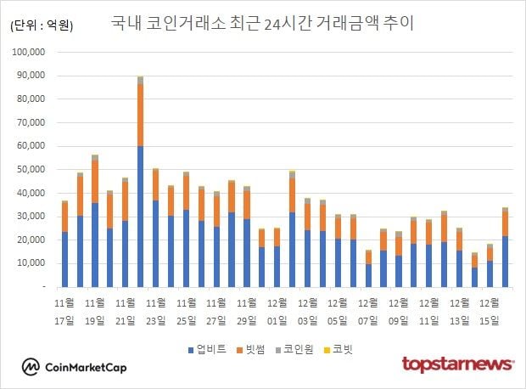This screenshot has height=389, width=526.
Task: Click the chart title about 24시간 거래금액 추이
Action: click(x=262, y=23)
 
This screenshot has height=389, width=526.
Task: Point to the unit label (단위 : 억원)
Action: click(x=42, y=26)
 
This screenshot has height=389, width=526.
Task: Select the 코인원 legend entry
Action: click(x=302, y=349)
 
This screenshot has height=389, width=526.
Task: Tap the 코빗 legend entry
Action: click(x=344, y=349)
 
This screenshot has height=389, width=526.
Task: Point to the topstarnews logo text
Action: click(x=457, y=364)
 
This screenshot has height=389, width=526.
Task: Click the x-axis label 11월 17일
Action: click(x=64, y=310)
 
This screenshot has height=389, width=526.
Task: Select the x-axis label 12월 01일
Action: click(x=277, y=310)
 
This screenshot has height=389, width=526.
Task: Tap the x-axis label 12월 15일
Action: click(x=489, y=310)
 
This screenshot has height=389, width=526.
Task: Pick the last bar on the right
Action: click(x=504, y=247)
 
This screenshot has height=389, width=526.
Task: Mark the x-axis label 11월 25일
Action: click(x=186, y=310)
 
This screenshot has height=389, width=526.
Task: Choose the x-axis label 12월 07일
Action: click(x=367, y=310)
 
